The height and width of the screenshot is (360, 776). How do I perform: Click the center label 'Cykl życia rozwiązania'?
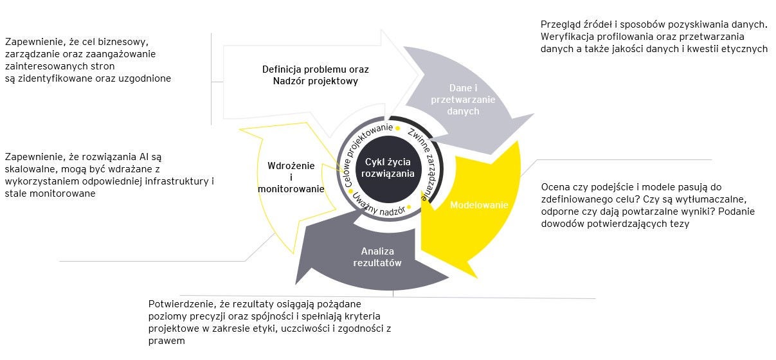pos(388,168)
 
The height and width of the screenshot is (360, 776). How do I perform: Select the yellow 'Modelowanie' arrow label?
pos(478,205)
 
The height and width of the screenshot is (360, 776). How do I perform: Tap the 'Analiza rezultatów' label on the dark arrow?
pos(377,257)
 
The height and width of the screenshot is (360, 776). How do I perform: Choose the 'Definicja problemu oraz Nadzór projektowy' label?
pos(315,75)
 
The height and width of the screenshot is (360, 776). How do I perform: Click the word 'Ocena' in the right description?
pos(555,187)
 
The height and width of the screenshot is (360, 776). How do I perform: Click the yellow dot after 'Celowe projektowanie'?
pos(398,128)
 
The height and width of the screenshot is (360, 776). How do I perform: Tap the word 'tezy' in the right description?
pos(678,224)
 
